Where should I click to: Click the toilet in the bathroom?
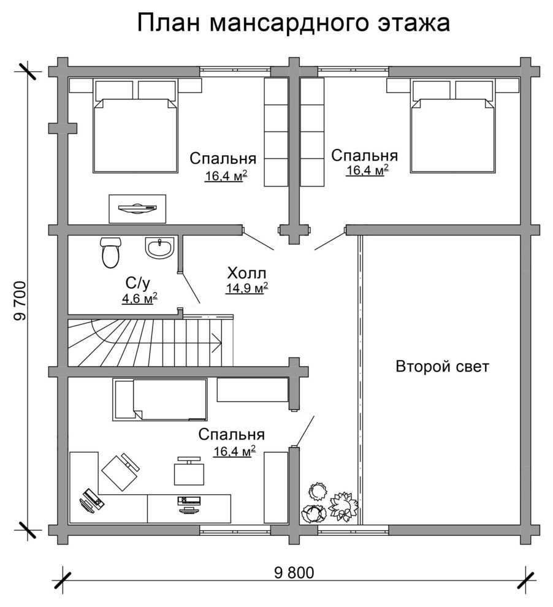click(x=111, y=253)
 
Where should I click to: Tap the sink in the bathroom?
click(x=160, y=248)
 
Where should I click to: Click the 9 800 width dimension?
click(x=294, y=573)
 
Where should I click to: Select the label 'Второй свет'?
click(x=442, y=366)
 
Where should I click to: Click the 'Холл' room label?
click(x=246, y=273)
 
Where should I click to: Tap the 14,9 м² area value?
click(x=247, y=288)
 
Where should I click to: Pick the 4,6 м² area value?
click(x=139, y=299)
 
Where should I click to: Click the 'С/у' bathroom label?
click(x=138, y=283)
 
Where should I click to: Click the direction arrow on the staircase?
click(x=216, y=343)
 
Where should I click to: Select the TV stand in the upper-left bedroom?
click(x=137, y=208)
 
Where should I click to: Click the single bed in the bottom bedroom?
click(x=159, y=400)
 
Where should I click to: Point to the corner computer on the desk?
click(x=92, y=500)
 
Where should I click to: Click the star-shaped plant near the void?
click(x=343, y=506)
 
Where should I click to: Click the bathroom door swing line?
click(x=190, y=288)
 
